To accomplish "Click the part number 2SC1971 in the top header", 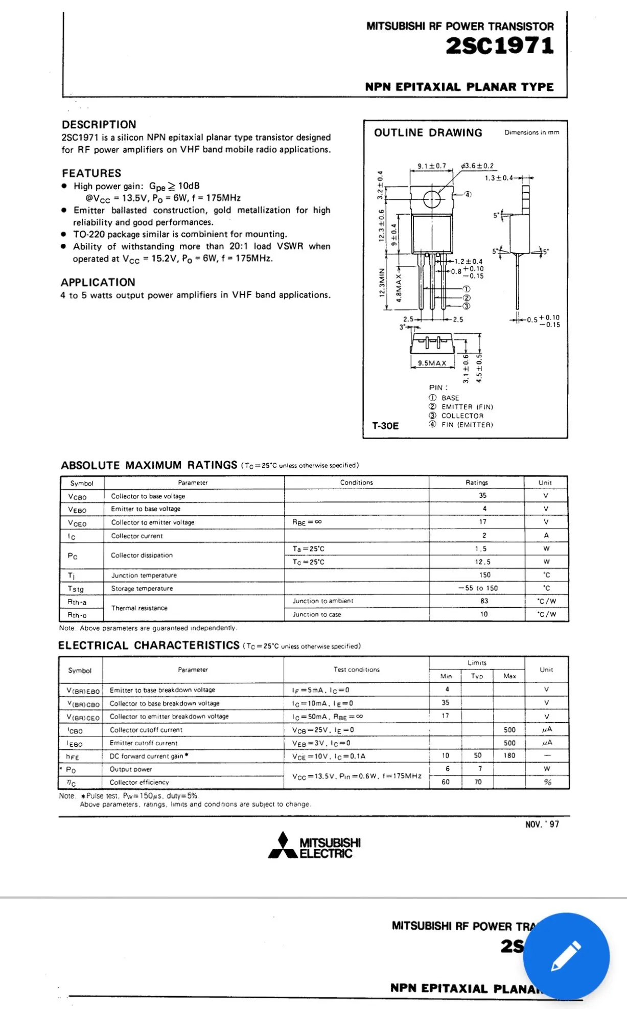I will [x=499, y=46].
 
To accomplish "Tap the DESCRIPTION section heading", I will [x=99, y=125].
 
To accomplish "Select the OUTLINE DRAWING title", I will [x=428, y=133].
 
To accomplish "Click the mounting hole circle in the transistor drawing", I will [x=432, y=199].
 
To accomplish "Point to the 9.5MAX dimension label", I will [x=432, y=363].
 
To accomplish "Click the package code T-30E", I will [x=385, y=426].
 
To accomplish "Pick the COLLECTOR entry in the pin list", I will [x=462, y=416].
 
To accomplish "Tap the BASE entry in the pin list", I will [x=450, y=398].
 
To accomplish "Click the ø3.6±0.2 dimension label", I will [x=477, y=166].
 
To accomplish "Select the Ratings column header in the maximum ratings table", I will [x=476, y=483].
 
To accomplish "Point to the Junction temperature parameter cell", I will [x=144, y=575].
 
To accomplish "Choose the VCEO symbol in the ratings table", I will [x=77, y=523].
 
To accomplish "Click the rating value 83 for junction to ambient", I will [x=484, y=601].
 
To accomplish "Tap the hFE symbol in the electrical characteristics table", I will [x=73, y=756].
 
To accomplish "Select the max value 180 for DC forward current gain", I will [x=509, y=755].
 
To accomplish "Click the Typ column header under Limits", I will [x=477, y=676].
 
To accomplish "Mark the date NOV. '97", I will [x=542, y=824].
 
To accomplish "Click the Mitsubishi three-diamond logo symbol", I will [x=283, y=845].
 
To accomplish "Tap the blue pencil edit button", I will [x=566, y=955].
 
